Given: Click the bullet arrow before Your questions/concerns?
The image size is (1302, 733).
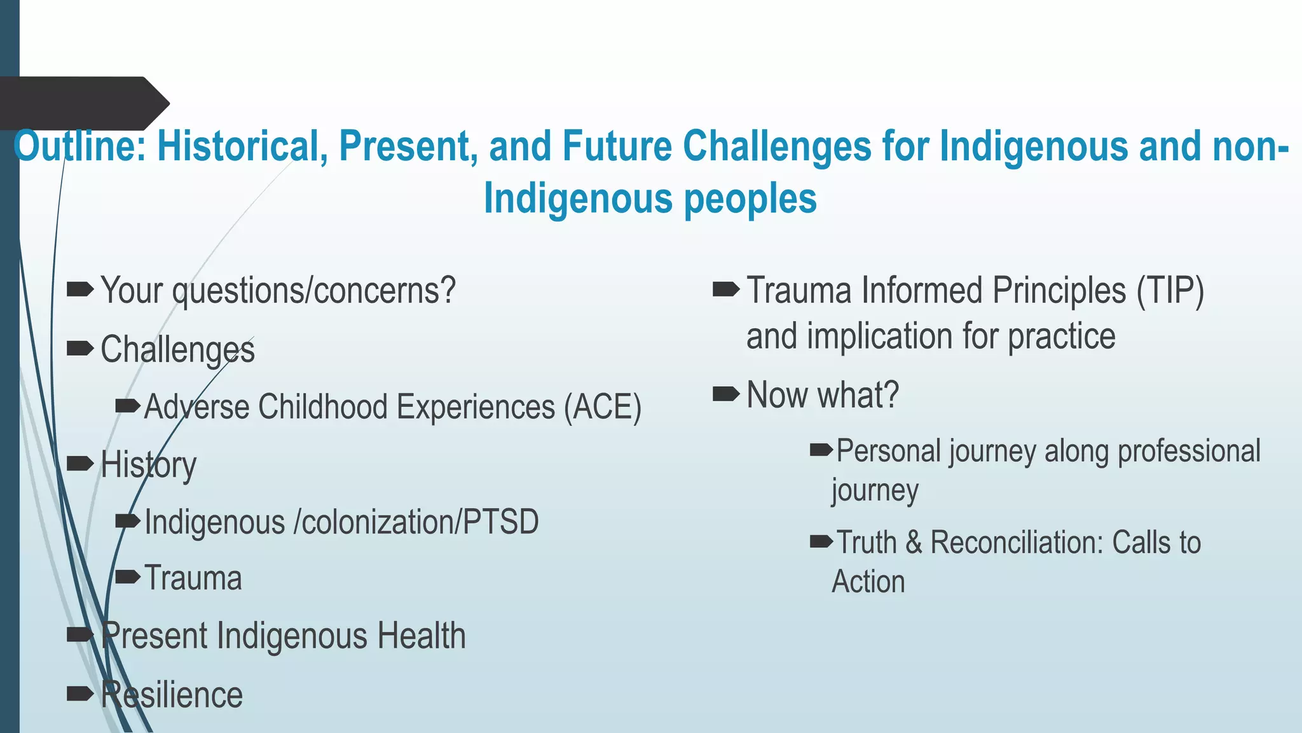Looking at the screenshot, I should [x=80, y=290].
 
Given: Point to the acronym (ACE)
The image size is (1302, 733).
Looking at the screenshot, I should [x=603, y=407].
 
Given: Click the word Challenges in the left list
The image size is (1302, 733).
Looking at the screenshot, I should [x=177, y=349].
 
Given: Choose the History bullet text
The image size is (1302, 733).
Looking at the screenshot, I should [x=148, y=465].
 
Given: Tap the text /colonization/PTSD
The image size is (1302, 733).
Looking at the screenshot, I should [x=416, y=522].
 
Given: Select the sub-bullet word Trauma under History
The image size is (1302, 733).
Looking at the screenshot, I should [x=193, y=578].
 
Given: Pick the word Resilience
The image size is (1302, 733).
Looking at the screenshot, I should [x=172, y=694].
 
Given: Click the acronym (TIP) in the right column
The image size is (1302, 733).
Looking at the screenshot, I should [x=1170, y=291].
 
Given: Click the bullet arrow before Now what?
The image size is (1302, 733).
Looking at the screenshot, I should [x=726, y=394].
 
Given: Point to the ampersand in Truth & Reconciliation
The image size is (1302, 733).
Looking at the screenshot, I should [x=914, y=543].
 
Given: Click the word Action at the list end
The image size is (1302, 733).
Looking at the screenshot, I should [x=868, y=582].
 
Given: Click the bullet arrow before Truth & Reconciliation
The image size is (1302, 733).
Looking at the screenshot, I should [x=821, y=542].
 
